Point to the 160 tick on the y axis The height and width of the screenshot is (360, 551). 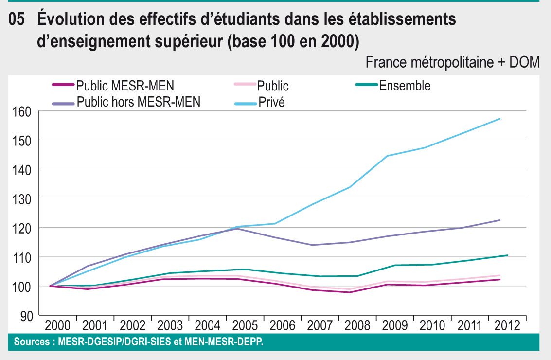tap(21, 111)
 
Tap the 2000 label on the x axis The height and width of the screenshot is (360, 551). tap(57, 325)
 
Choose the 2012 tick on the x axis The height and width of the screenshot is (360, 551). tap(506, 325)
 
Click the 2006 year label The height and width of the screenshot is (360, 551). tap(282, 325)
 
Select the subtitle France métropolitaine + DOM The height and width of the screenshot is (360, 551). tap(452, 62)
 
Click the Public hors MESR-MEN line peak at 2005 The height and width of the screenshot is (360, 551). tap(237, 229)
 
